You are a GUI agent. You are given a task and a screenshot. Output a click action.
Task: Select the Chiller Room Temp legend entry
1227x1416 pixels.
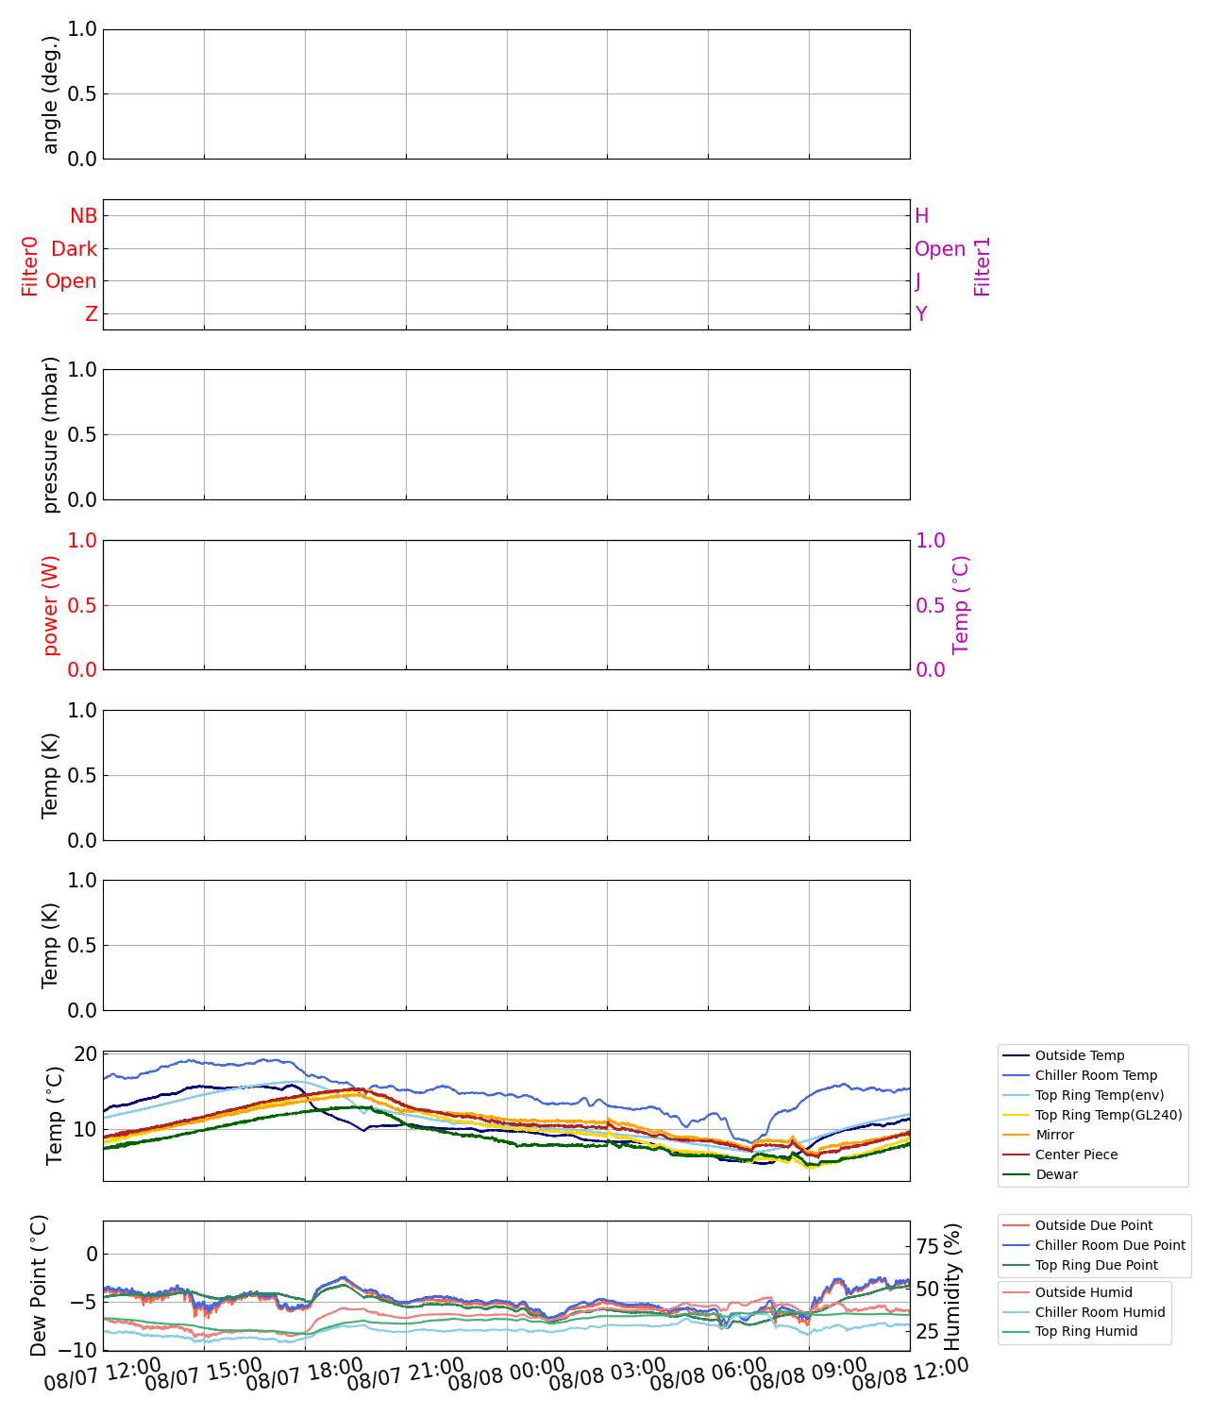point(1095,1076)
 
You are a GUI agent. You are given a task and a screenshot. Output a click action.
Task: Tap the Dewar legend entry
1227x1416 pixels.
point(1055,1175)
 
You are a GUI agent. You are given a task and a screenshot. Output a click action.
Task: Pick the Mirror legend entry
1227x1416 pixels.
point(1054,1136)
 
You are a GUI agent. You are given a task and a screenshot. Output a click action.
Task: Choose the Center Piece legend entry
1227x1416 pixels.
point(1076,1155)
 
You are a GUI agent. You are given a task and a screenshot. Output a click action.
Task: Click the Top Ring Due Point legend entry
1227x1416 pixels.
point(1096,1266)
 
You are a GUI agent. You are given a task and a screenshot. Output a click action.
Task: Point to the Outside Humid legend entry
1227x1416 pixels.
point(1083,1293)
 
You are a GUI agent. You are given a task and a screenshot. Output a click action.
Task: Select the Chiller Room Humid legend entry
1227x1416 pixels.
point(1100,1313)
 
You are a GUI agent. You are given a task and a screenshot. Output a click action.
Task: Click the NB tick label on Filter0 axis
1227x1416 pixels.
point(84,216)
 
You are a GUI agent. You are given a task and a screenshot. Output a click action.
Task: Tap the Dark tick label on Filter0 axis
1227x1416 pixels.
point(75,249)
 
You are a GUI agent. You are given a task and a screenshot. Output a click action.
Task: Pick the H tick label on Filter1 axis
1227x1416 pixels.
point(921,216)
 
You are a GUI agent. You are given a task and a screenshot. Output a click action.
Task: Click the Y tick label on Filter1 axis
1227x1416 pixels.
point(921,314)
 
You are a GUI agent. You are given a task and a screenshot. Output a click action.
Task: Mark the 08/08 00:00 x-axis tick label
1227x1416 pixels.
point(506,1376)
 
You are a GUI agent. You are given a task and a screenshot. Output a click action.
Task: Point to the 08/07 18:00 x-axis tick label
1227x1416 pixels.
point(304,1376)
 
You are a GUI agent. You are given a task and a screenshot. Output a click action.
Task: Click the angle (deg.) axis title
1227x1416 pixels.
point(51,94)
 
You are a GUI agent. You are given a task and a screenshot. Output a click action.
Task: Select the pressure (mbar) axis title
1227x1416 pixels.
point(51,435)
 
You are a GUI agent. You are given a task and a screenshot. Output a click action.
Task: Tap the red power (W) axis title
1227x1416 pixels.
point(51,605)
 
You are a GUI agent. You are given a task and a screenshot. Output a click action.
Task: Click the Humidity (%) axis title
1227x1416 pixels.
point(952,1287)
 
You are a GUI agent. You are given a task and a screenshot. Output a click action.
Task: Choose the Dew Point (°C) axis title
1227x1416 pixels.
point(39,1287)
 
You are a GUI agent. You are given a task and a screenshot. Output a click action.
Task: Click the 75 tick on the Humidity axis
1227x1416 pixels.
point(928,1247)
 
